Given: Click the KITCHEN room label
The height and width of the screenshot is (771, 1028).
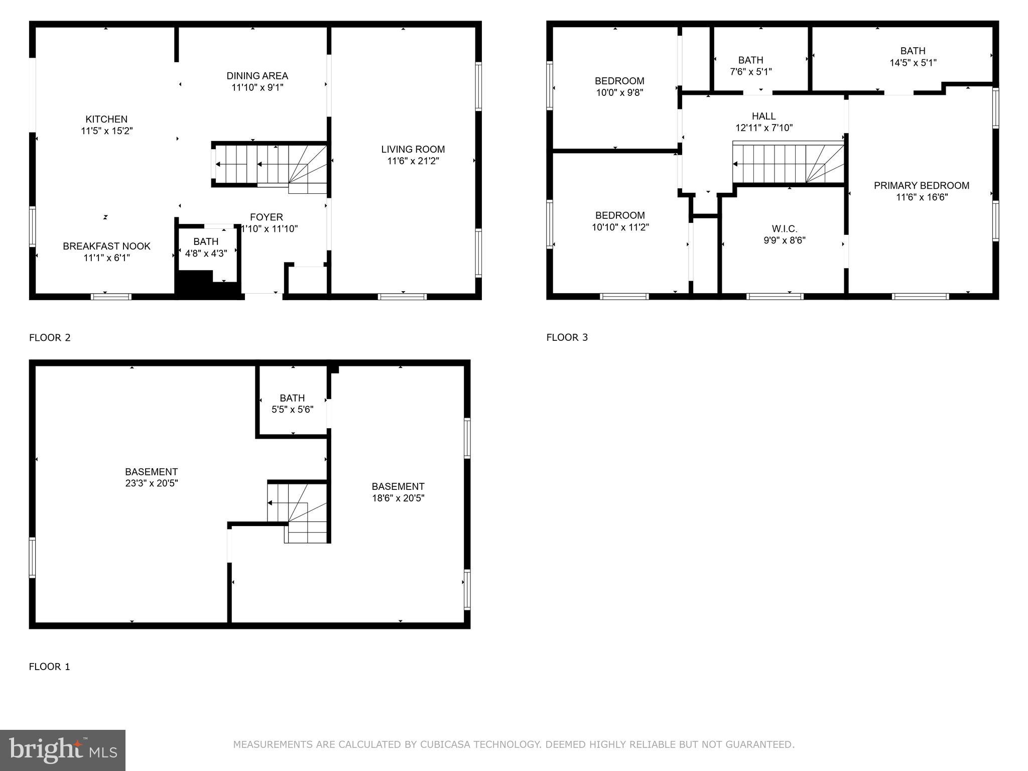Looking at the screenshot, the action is [106, 119].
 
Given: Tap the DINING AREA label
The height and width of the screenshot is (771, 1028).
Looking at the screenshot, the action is [257, 76].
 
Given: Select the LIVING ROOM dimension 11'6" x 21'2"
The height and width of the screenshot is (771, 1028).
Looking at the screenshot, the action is [413, 161].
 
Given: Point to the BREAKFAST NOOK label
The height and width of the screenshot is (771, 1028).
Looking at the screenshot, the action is [106, 246].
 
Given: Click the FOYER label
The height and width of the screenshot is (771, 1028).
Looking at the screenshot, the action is [267, 217].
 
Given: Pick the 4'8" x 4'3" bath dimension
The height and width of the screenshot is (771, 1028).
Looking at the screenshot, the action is [206, 253].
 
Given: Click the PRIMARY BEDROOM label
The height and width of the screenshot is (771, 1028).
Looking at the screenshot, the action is [922, 185].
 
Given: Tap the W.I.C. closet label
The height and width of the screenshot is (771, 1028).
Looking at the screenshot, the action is [785, 229].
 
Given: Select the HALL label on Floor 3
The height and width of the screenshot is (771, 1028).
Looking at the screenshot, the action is [764, 116].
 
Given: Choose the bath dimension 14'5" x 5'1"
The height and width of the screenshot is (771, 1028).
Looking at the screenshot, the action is [913, 63].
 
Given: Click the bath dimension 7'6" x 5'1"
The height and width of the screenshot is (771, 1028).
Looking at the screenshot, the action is [751, 72].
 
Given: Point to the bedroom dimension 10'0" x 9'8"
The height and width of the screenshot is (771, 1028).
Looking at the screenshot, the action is [619, 92].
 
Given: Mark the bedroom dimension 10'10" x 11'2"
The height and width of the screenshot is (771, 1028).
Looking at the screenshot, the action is [620, 227].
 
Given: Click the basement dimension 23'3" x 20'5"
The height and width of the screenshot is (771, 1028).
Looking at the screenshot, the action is [152, 483].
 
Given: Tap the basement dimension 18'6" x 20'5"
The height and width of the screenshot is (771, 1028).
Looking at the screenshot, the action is [398, 498].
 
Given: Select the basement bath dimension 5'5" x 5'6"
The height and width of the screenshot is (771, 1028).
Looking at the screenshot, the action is [293, 410].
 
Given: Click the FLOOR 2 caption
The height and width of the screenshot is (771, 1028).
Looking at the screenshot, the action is [50, 337].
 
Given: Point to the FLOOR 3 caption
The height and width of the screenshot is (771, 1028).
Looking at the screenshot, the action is [567, 337].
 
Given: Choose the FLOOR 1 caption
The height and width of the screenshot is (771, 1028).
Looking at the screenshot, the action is [50, 667].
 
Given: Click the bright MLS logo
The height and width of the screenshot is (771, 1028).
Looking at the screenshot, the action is [63, 750].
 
